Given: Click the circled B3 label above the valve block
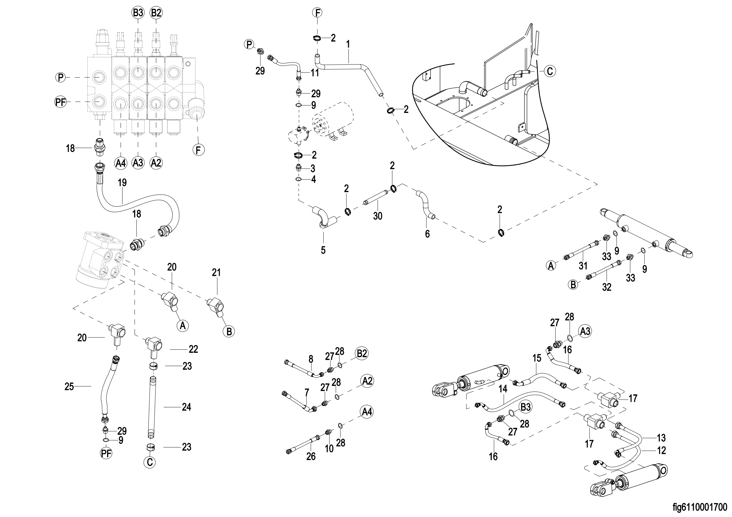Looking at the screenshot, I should click(138, 13).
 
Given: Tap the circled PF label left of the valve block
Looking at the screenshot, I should click(60, 102).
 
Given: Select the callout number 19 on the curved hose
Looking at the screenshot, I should click(122, 183).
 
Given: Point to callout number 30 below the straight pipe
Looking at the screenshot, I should click(378, 216).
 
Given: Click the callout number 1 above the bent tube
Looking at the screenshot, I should click(348, 44).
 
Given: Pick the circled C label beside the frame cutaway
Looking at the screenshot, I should click(550, 71).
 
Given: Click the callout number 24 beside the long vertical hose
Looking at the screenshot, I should click(186, 407).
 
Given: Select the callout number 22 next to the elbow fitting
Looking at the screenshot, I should click(193, 349).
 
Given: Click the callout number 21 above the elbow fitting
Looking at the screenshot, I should click(216, 272).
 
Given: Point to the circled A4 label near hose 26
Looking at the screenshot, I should click(367, 412).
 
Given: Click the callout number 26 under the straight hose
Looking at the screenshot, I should click(311, 456).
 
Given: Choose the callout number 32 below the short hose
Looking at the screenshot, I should click(606, 287).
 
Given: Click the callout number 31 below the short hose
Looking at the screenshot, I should click(583, 265).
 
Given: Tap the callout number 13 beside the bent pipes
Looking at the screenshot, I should click(661, 438).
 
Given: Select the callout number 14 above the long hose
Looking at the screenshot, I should click(503, 389).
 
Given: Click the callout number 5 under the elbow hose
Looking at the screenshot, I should click(323, 250).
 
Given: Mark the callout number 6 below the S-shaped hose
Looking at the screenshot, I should click(427, 234).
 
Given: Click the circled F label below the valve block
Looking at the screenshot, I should click(198, 150).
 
